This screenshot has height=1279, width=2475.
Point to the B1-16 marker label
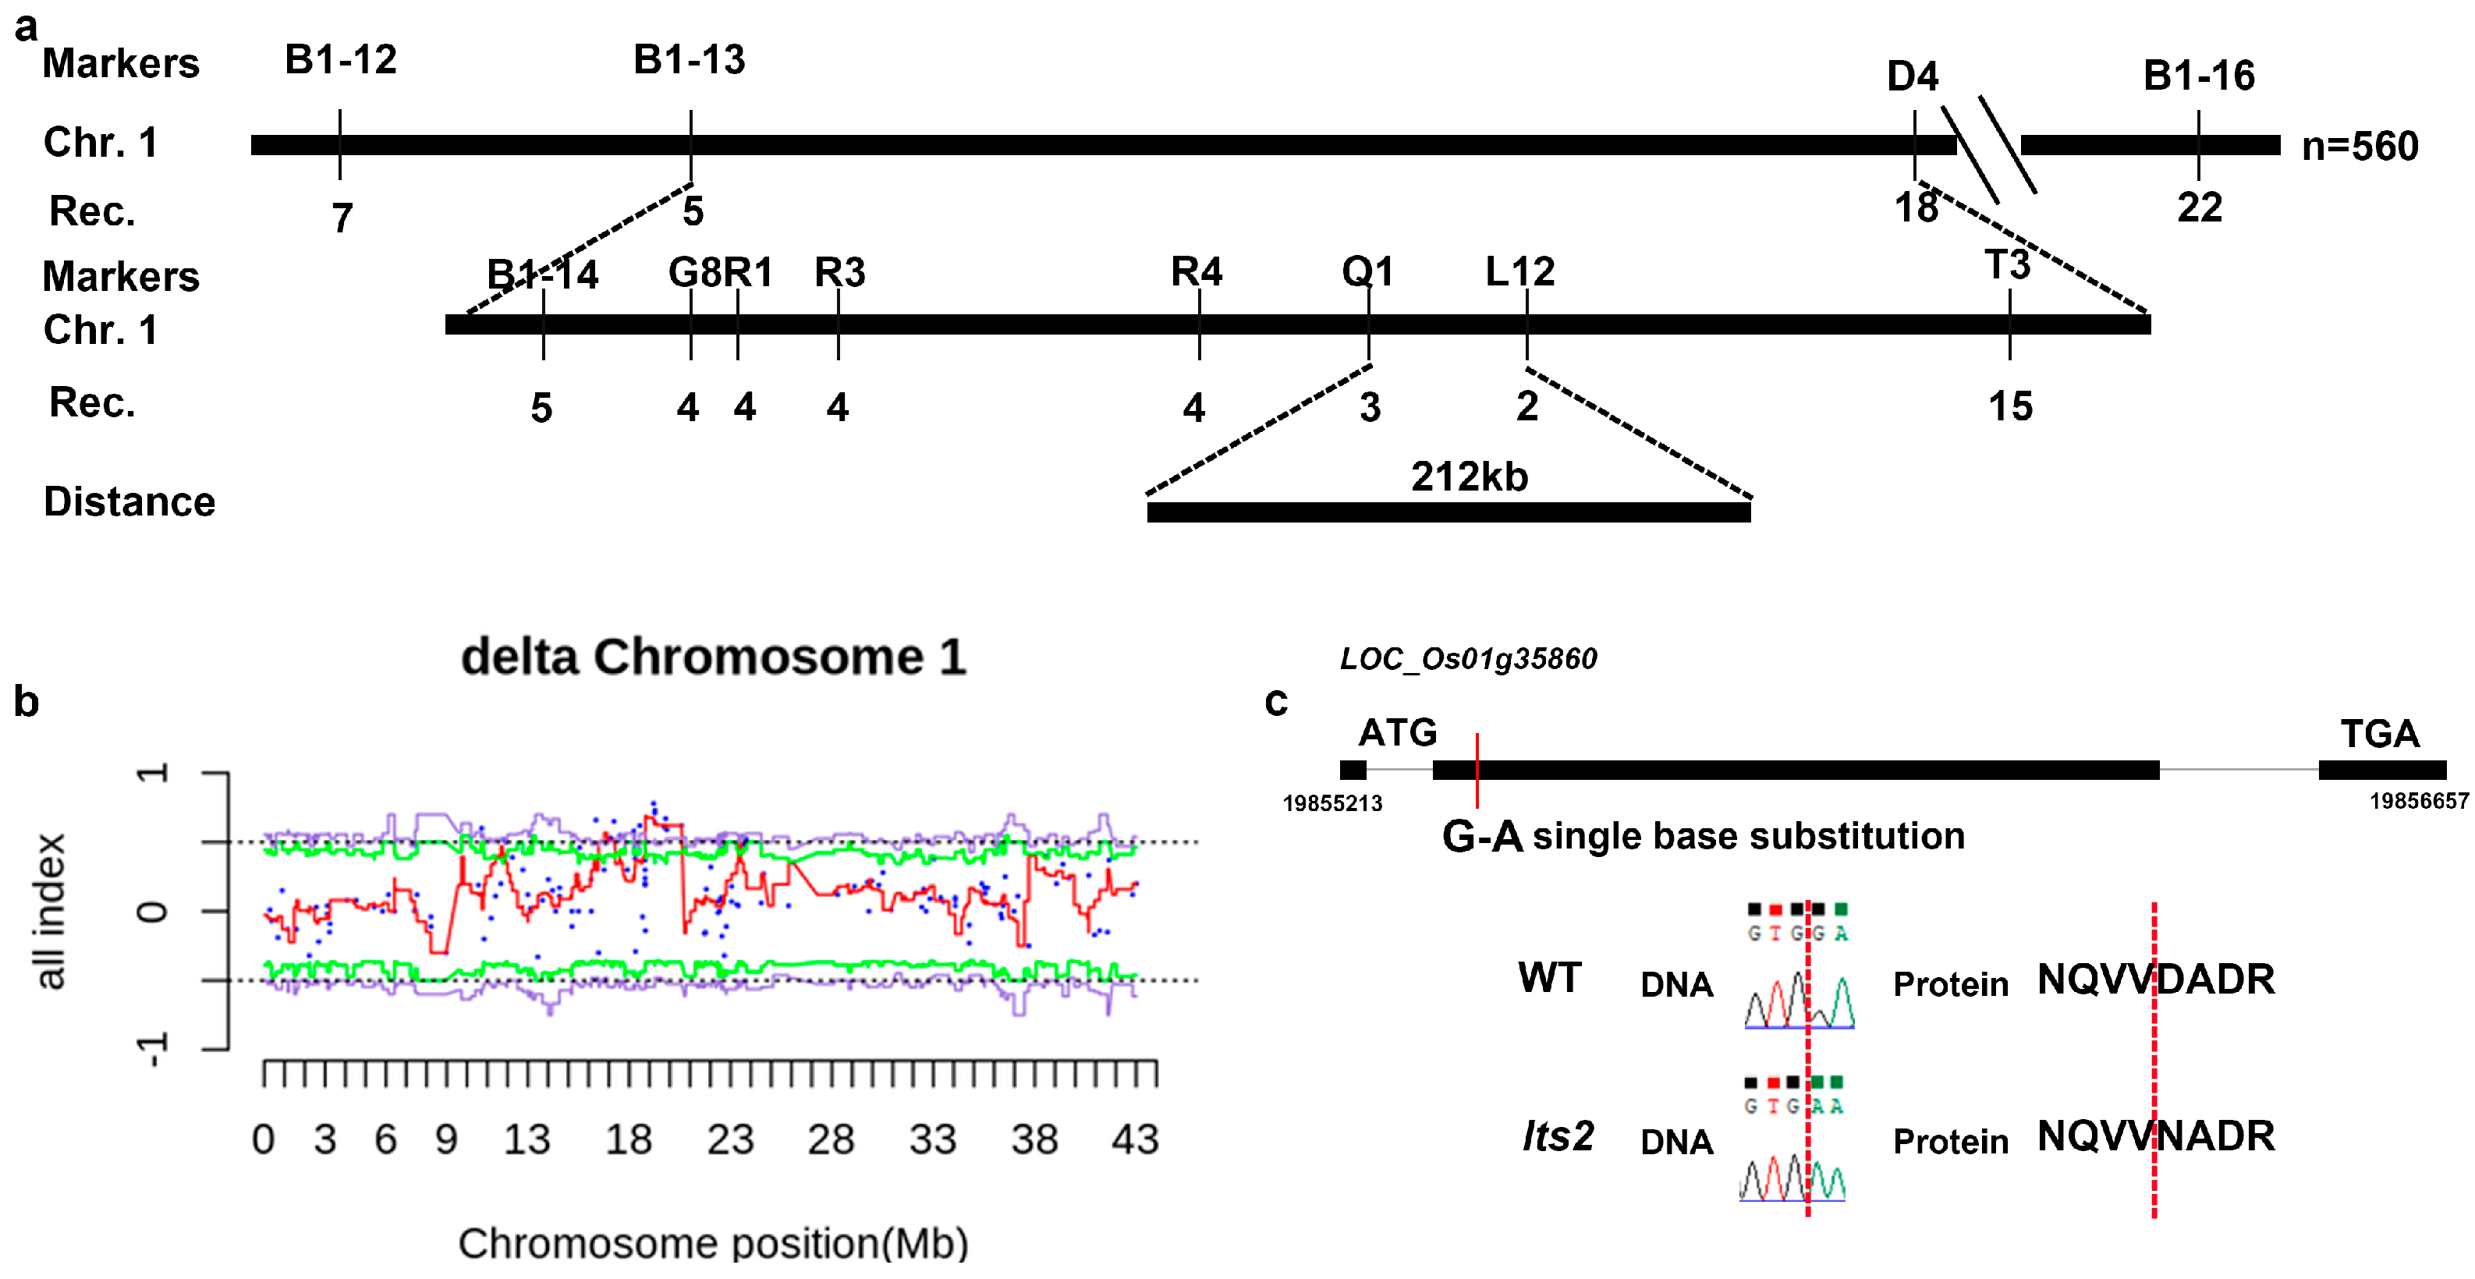pos(2198,76)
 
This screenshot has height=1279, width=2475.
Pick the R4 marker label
pos(1197,272)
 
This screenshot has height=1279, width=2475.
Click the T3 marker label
pos(2007,265)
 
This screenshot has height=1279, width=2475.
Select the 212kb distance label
pos(1469,477)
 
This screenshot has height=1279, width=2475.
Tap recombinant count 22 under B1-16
pos(2199,208)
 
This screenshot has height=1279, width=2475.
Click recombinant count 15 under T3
pos(2010,406)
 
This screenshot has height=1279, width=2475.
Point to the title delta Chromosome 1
pos(714,657)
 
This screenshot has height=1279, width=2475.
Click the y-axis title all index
pos(51,910)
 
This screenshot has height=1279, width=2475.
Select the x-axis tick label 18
pos(629,1139)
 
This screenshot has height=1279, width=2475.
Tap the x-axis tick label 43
pos(1135,1139)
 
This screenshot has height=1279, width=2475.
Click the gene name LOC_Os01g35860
pos(1468,659)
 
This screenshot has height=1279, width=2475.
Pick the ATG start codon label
pos(1397,733)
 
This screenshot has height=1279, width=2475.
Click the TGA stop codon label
pos(2379,734)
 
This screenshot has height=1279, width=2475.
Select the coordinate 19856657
pos(2418,802)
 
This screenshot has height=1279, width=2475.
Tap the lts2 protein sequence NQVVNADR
pos(2155,1137)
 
